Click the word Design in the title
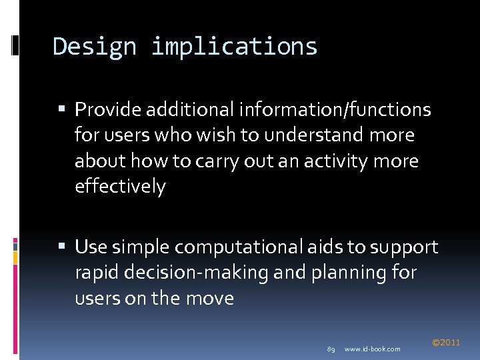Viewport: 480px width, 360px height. tap(94, 47)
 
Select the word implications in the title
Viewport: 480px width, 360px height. tap(234, 47)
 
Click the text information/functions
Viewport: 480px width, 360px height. tap(335, 109)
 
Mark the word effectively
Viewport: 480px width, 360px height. tap(120, 187)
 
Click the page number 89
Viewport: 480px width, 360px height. tap(331, 349)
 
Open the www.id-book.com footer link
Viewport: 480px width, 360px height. tap(373, 349)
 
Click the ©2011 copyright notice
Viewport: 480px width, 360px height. tap(446, 343)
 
